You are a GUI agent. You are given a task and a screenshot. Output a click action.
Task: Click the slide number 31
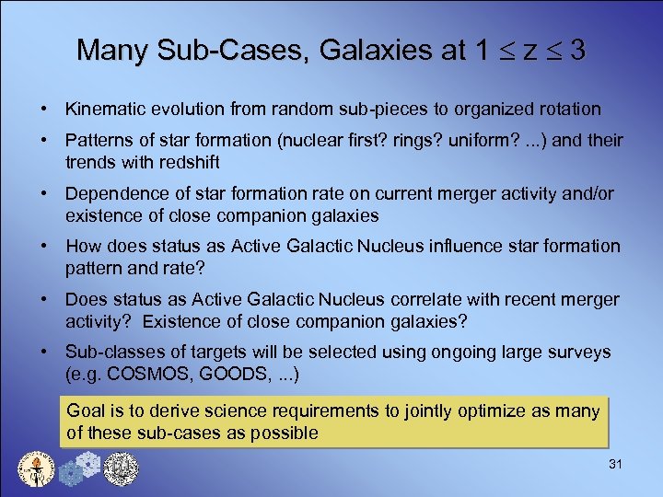[x=615, y=465]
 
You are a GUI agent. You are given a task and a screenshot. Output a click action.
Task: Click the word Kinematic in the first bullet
[x=100, y=109]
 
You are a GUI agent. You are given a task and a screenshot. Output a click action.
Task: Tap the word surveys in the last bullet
[x=580, y=353]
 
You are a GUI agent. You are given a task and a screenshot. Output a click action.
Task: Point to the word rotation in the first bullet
[x=570, y=109]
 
